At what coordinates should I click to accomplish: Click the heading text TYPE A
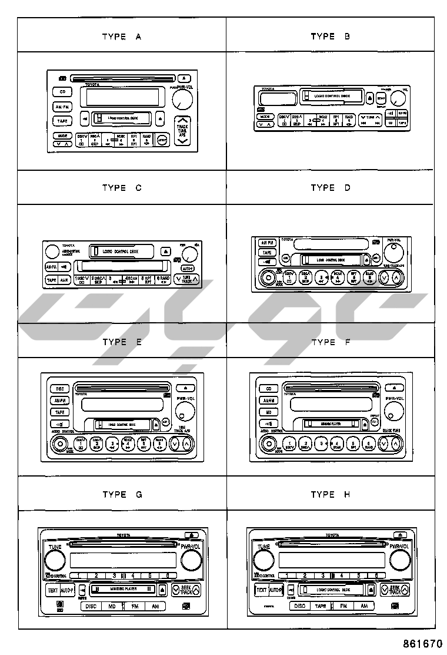122,37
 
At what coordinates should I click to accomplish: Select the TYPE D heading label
331,188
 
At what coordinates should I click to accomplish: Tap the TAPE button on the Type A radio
62,121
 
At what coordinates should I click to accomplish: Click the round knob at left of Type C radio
52,250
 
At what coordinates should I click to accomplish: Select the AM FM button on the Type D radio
268,242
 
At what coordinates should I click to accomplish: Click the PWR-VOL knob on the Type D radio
392,253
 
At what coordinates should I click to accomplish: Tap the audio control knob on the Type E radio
59,444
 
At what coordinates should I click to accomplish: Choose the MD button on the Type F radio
268,412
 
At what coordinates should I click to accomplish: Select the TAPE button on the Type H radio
321,606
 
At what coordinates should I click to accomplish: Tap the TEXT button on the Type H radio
261,590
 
